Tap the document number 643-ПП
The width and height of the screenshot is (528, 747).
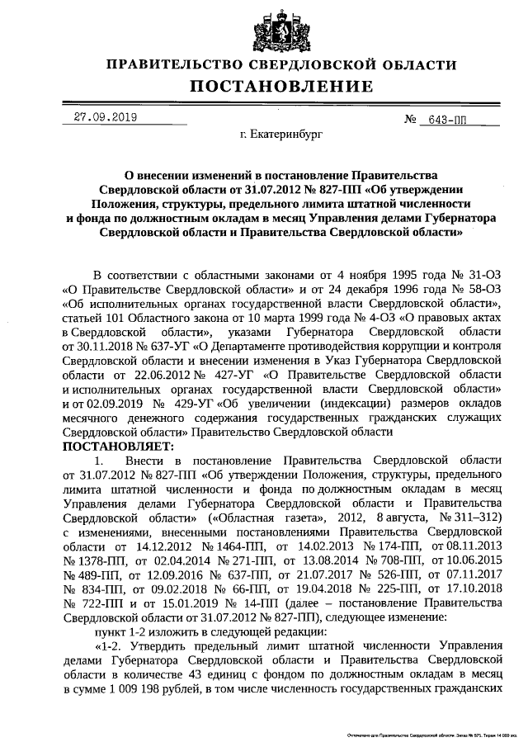(x=445, y=119)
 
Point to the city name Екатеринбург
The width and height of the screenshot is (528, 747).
(x=280, y=132)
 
